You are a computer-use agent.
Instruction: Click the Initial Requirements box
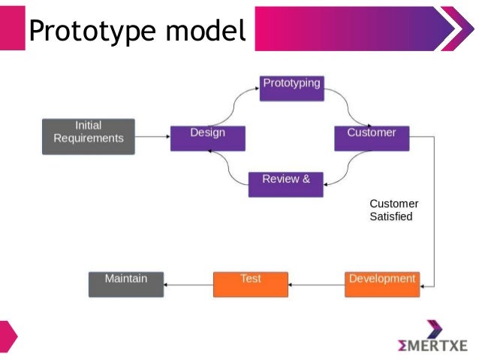point(89,136)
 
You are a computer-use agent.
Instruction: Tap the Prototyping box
point(291,88)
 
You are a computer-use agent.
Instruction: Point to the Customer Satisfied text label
point(393,210)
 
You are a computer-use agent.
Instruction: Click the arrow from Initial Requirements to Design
point(152,137)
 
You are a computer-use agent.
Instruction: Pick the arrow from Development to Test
point(316,285)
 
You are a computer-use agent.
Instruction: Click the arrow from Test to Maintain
point(188,285)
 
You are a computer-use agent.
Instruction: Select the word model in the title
point(206,31)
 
